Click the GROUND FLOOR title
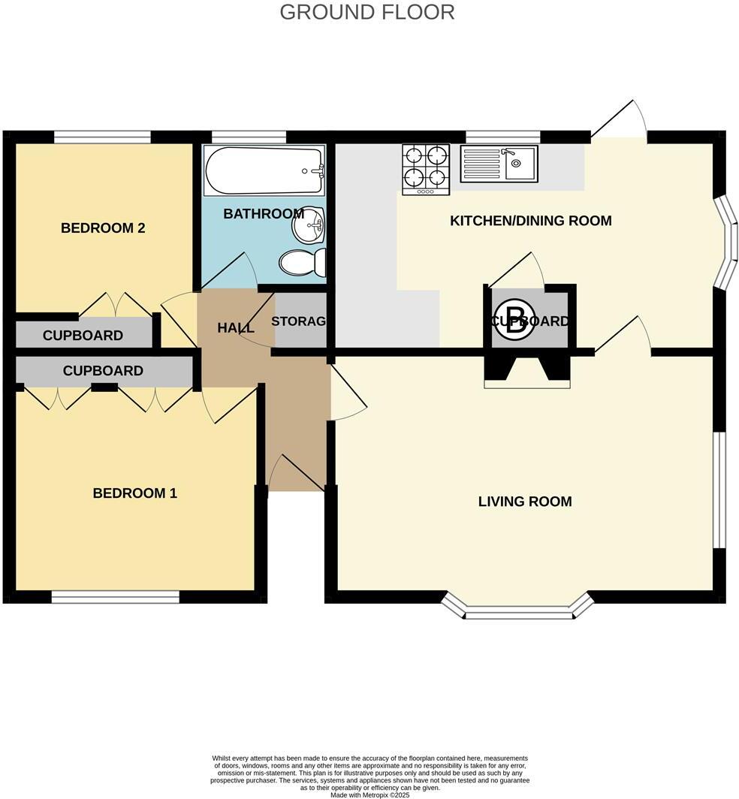366,12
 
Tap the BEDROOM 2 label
103,228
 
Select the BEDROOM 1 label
134,493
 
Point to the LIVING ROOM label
525,502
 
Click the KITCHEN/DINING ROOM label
530,221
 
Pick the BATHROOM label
263,214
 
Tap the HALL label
235,327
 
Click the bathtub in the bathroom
264,170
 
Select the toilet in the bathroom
303,262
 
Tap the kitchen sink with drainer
499,164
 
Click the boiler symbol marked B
515,321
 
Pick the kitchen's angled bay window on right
725,243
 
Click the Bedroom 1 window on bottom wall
115,597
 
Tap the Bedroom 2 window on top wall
102,137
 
